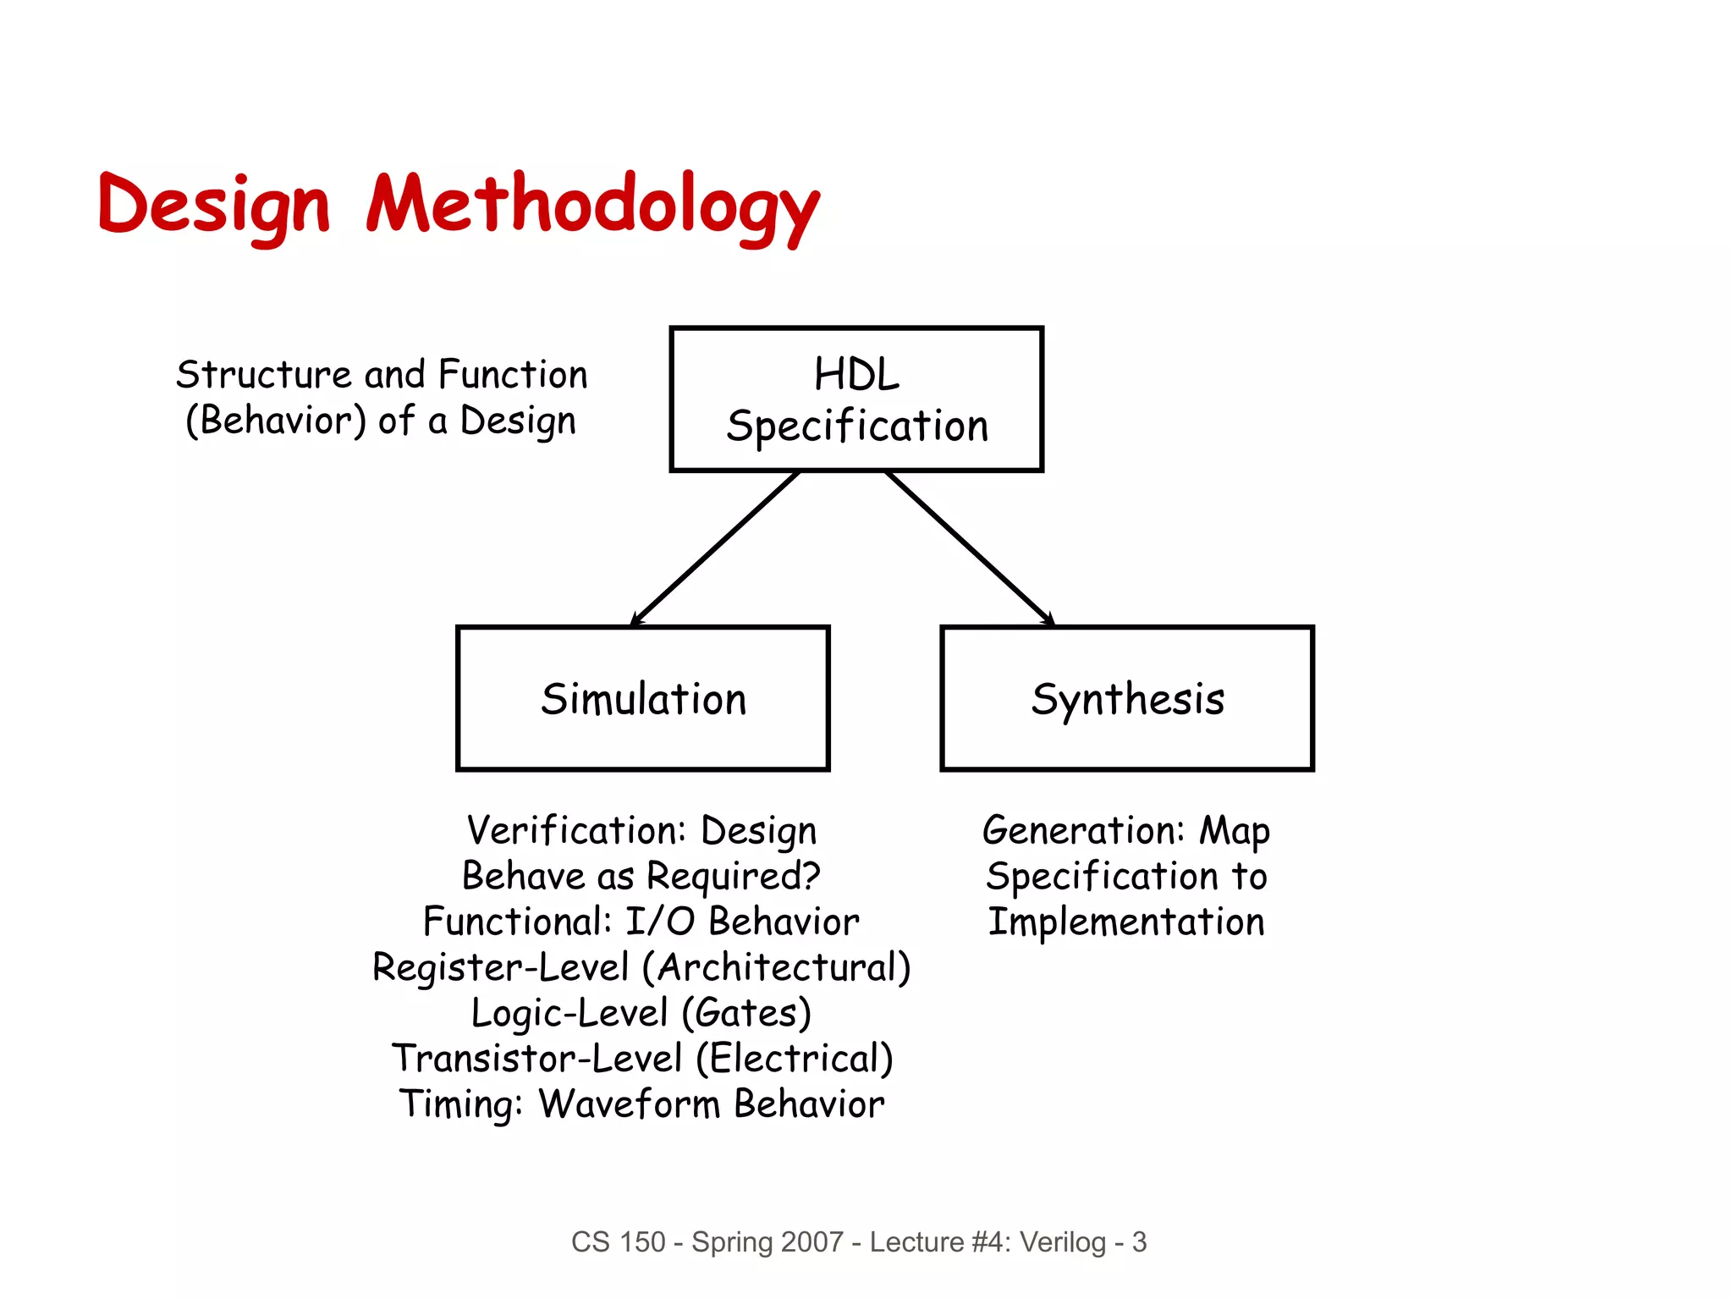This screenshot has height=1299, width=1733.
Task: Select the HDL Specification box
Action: coord(855,399)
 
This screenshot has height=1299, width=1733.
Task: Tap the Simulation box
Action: coord(642,698)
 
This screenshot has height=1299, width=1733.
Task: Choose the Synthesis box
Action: coord(1126,698)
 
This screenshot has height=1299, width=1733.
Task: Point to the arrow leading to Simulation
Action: coord(715,548)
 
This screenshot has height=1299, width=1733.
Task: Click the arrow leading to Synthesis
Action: coord(970,548)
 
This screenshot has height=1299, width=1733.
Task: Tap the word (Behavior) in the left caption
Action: coord(276,420)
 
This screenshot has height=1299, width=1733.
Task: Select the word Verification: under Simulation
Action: coord(576,830)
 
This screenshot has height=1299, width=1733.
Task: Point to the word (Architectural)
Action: coord(777,967)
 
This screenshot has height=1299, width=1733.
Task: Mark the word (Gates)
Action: coord(746,1013)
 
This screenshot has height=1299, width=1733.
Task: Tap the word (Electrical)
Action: coord(795,1059)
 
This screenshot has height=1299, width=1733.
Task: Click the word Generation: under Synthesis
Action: coord(1084,830)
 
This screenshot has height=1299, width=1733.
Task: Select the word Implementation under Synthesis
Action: coord(1126,922)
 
